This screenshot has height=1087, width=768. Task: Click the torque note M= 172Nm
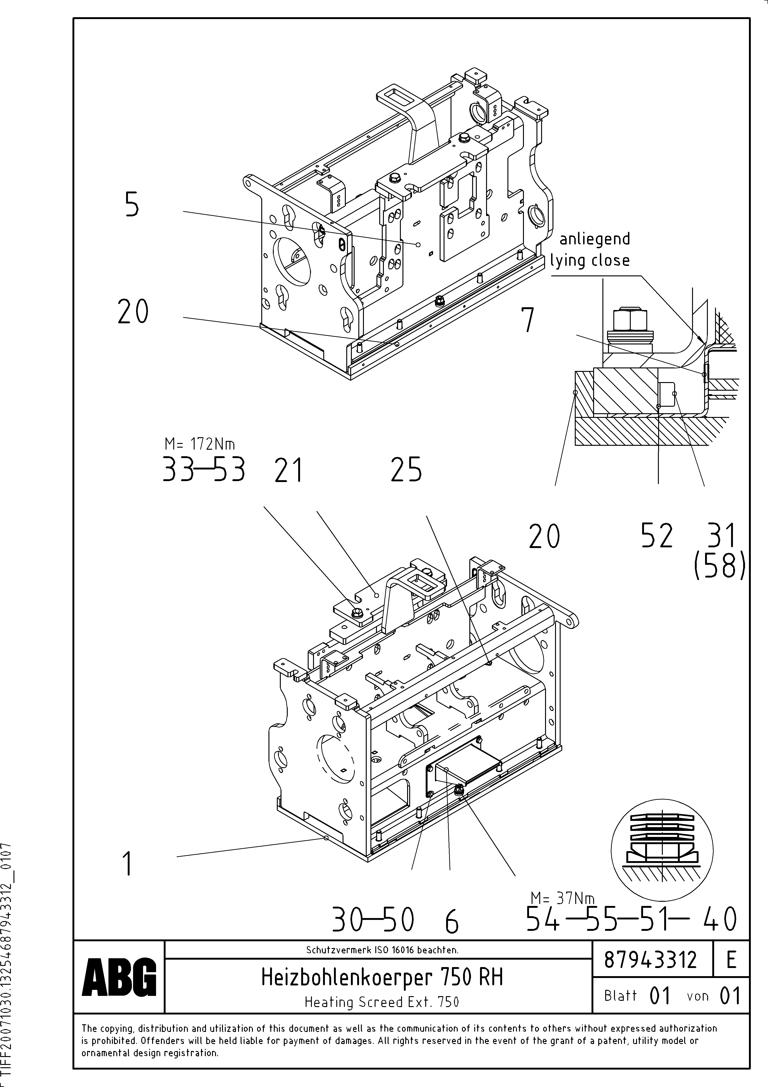coord(199,444)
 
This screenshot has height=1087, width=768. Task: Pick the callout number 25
coord(406,470)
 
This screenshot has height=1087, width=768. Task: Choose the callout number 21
coord(288,471)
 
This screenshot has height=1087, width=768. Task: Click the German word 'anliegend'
coord(595,239)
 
